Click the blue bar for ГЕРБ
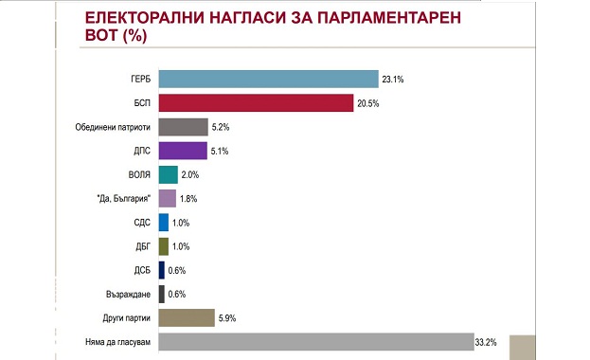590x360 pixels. [x=269, y=80]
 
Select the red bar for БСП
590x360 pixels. [x=256, y=103]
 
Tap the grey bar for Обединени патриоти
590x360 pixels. [x=183, y=127]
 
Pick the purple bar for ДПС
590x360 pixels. [x=183, y=151]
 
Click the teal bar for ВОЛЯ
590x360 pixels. [x=168, y=174]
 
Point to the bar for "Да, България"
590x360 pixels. [x=167, y=198]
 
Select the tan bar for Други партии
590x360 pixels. [x=187, y=317]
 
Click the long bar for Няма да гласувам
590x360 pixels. [x=315, y=341]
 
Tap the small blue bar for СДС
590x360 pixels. [x=163, y=222]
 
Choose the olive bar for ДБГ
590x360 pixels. [x=163, y=245]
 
